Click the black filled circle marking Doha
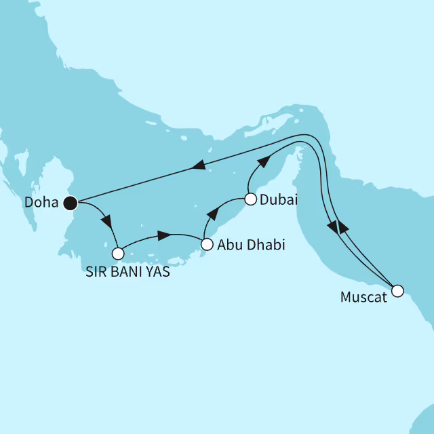[x=69, y=201]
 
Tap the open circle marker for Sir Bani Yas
[x=118, y=254]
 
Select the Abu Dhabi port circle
[x=207, y=245]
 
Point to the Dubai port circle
[x=250, y=199]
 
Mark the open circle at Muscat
[x=397, y=291]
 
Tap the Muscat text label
[x=366, y=296]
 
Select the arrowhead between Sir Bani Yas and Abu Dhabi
[x=163, y=235]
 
